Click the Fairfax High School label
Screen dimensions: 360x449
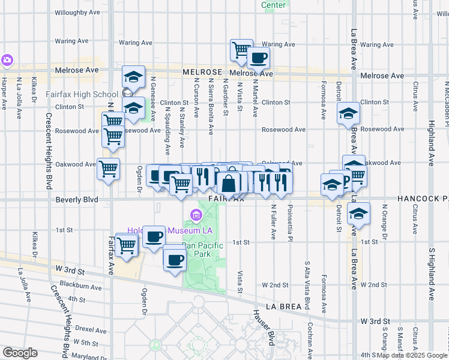tap(82, 94)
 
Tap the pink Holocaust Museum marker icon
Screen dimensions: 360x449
tap(196, 215)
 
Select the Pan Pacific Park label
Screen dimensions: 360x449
tap(203, 250)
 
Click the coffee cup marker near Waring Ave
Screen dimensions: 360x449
tap(258, 58)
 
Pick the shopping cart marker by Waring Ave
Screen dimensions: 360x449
tap(241, 50)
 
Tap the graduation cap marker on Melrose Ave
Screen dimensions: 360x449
tap(134, 76)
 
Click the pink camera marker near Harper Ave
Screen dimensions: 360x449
tap(7, 60)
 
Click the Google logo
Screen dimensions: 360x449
tap(20, 353)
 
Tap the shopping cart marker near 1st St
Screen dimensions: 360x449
tap(126, 245)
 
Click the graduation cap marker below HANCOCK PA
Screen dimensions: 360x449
tap(358, 214)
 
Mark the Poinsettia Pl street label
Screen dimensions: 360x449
tap(290, 221)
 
